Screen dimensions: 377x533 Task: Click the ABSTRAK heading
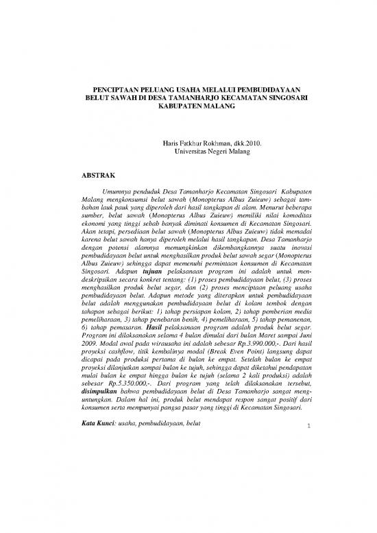(99, 175)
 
